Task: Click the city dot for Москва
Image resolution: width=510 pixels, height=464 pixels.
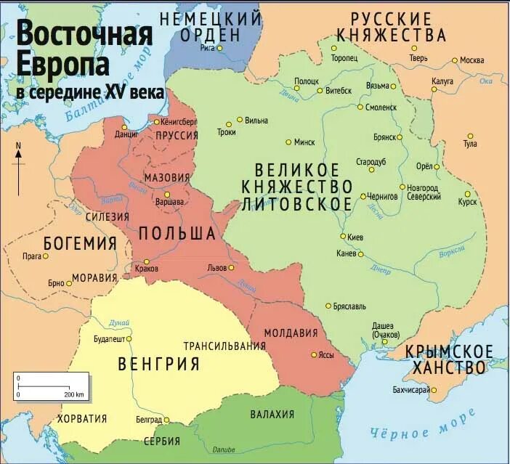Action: coord(455,60)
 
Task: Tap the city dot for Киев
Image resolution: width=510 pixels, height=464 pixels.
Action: coord(343,237)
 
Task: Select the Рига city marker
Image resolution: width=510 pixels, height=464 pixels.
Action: coord(219,48)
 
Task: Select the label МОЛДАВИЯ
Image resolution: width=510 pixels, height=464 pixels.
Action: coord(291,333)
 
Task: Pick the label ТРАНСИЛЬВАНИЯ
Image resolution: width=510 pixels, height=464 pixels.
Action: coord(224,346)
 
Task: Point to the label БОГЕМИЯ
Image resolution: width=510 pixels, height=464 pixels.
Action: coord(80,243)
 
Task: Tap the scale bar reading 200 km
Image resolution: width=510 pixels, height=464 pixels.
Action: coord(51,386)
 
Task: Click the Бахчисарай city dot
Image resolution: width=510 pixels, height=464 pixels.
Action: coord(433,391)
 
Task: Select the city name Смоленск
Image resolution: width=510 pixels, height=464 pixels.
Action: coord(381,107)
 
